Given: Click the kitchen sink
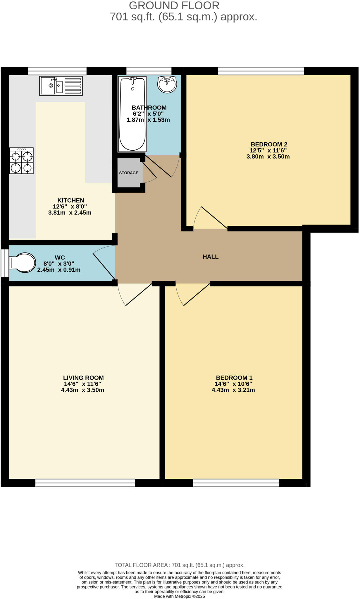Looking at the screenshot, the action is pos(61,86).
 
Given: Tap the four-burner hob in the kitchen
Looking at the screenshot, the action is pos(21,161).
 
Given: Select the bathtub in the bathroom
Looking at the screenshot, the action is pos(132,114).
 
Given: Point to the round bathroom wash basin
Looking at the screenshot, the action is pos(167,84).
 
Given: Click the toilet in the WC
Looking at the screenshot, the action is pos(23,262).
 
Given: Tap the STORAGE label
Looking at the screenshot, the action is pos(129,173).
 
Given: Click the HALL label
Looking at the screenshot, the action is pos(211,257).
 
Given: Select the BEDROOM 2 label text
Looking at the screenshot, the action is pos(269,144).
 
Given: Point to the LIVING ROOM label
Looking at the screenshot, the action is pos(83,378).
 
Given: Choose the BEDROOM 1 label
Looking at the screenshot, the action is pos(234,378).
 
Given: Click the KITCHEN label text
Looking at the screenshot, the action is pos(71,200).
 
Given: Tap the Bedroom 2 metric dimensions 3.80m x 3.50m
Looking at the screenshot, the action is pos(268,156).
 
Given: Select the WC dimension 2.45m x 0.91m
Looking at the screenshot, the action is pos(59,270).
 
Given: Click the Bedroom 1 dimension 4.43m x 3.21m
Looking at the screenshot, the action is pos(233,390).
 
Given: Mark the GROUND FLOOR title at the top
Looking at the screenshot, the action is pos(174,6).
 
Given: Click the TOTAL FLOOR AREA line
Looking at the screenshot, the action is pos(180,565).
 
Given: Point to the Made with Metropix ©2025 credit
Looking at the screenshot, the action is pos(180,596).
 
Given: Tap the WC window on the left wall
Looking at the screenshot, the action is pos(5,263).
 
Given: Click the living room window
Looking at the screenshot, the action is pos(85,483).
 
